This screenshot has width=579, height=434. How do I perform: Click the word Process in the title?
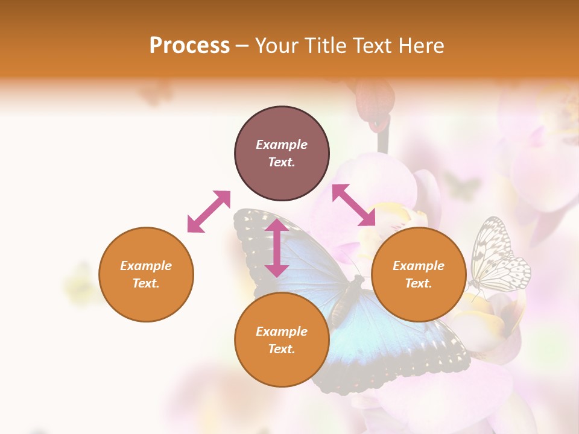(x=189, y=46)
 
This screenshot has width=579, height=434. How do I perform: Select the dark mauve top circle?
(x=282, y=154)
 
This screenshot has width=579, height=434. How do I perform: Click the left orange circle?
(x=146, y=274)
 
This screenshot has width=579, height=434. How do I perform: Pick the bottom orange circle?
(x=282, y=340)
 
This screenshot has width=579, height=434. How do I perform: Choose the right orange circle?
(x=419, y=274)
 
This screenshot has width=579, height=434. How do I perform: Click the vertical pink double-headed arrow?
(x=277, y=248)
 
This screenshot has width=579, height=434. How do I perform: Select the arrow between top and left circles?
(x=209, y=212)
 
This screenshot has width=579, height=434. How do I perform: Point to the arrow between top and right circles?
(x=353, y=205)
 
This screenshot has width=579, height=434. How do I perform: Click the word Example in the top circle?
(x=282, y=145)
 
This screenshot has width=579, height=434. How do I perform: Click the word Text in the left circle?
(x=146, y=283)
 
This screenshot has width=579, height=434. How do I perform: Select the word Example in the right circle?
(x=419, y=266)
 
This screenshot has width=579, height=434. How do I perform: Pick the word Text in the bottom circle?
(x=282, y=349)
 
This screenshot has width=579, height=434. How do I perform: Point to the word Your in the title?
(x=277, y=46)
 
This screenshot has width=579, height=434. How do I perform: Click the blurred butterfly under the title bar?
(x=156, y=93)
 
